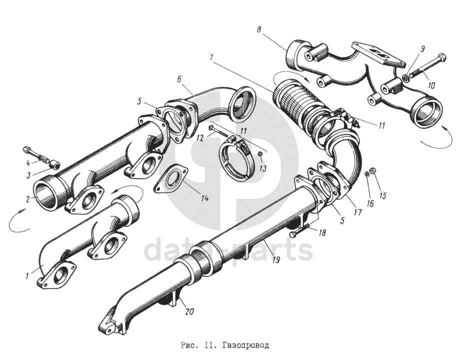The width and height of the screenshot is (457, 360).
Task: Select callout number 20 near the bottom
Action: click(x=189, y=311)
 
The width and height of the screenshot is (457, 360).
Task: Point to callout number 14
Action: click(x=204, y=198)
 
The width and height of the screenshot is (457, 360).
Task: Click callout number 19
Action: click(x=275, y=259)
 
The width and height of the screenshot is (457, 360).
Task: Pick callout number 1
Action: click(x=27, y=275)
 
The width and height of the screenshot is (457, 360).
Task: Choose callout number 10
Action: click(x=431, y=85)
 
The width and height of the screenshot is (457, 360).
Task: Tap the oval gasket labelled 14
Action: click(x=170, y=179)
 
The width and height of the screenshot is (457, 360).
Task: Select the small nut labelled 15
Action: click(x=372, y=170)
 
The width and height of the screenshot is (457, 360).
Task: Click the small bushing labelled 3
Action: click(x=54, y=165)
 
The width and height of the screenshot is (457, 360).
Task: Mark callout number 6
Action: click(x=178, y=78)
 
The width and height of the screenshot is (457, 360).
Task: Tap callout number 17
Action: click(x=358, y=211)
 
